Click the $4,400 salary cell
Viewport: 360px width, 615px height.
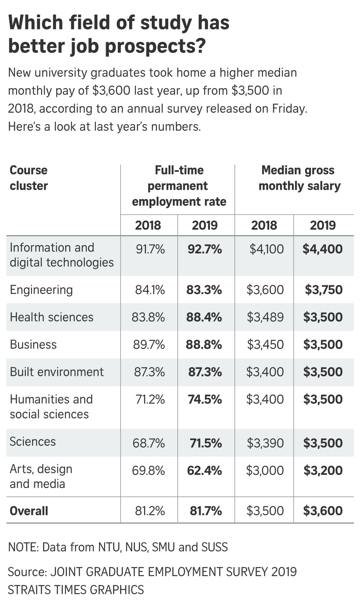tap(322, 249)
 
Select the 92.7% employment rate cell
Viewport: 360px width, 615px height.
tap(205, 249)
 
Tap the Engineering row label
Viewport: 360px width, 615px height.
tap(41, 290)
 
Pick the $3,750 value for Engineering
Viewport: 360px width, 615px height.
tap(324, 290)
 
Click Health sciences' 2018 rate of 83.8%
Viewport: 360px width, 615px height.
tap(148, 317)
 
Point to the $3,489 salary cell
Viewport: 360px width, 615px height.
tap(265, 317)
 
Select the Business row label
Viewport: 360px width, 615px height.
tap(33, 345)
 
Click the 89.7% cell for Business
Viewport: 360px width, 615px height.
tap(149, 345)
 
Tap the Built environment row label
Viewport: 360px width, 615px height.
tap(57, 372)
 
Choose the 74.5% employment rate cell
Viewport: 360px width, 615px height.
tap(205, 399)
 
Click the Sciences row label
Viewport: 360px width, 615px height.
tap(33, 442)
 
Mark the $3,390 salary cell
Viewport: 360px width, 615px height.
tap(265, 443)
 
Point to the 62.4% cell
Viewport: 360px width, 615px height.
tap(205, 471)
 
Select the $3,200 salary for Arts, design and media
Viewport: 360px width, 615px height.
tap(323, 471)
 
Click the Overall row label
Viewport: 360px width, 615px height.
tap(29, 511)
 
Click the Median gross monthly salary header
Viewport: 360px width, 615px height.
tap(299, 178)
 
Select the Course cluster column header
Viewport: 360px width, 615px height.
tap(29, 178)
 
